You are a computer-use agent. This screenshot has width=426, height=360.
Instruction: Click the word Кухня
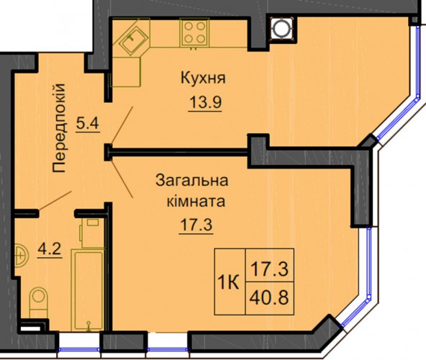203,78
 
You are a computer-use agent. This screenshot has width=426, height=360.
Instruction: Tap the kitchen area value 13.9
205,102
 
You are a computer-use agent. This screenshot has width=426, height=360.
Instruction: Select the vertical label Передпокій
59,127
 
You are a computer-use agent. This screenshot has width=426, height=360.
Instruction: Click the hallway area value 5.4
88,124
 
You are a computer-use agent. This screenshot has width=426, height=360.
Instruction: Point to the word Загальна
192,181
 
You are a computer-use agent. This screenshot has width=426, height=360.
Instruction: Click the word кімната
196,202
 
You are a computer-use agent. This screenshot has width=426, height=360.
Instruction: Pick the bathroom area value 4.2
50,249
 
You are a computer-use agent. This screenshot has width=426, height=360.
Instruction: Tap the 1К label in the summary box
229,283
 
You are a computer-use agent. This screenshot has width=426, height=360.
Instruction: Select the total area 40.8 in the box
269,297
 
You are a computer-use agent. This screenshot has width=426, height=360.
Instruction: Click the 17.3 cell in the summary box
269,269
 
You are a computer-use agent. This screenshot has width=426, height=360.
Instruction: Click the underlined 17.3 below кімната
196,225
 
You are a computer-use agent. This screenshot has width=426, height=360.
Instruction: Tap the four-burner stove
194,32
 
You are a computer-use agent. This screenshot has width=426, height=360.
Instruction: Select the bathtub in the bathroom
88,289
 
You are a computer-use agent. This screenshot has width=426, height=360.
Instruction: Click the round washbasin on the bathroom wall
22,256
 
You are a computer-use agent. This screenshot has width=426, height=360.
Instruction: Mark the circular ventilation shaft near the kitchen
282,29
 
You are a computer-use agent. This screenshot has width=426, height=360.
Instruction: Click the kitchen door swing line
122,125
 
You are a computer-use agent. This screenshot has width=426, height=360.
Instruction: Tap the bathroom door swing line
55,201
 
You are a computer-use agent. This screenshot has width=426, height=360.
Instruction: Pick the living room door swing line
122,179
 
